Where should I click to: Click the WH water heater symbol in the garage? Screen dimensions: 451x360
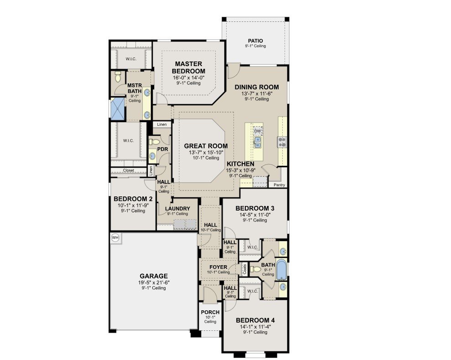(115, 238)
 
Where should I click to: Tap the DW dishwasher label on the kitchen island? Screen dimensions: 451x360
(258, 131)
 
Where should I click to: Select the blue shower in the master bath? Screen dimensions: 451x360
(118, 108)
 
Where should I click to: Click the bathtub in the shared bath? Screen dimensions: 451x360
(281, 269)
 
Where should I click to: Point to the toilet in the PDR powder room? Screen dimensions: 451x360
(155, 142)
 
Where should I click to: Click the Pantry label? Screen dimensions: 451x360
(279, 185)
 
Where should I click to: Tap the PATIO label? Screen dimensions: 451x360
(255, 41)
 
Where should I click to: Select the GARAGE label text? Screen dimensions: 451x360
(154, 276)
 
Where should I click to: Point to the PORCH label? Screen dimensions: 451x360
(210, 312)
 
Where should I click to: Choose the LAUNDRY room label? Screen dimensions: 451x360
(177, 208)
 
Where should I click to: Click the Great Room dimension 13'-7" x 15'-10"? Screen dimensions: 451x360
(206, 152)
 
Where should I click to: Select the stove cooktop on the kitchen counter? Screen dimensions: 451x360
(281, 142)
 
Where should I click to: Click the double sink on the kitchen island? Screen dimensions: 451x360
(258, 142)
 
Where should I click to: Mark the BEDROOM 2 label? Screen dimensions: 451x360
(133, 199)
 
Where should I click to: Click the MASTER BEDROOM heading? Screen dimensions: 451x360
(189, 67)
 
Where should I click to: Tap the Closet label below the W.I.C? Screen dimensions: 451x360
(128, 170)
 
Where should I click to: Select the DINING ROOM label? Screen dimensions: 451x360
(257, 87)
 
